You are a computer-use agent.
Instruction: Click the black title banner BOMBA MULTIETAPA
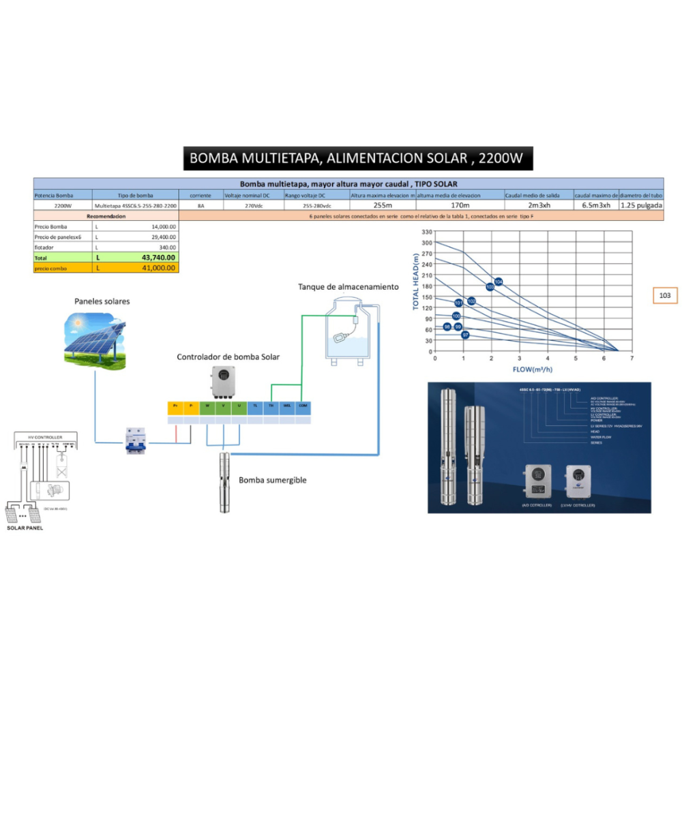point(357,158)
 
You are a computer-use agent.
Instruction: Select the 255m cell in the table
point(383,205)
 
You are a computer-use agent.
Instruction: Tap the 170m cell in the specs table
point(460,205)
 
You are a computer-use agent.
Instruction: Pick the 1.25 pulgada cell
point(641,205)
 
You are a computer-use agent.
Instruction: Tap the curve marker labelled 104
point(499,282)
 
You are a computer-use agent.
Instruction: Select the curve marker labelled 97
point(465,335)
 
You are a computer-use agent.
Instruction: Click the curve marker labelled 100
point(456,316)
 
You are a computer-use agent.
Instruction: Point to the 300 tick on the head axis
point(427,243)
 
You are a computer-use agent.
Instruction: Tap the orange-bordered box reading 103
point(665,295)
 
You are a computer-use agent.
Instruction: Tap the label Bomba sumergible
point(272,480)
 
